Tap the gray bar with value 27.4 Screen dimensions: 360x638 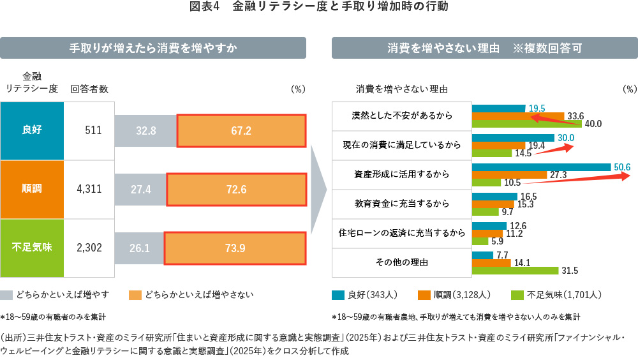point(140,190)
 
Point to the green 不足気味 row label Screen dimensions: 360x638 point(32,248)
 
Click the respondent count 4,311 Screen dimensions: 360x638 point(89,190)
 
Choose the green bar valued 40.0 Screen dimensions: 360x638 point(526,123)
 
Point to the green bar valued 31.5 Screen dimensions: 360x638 point(515,271)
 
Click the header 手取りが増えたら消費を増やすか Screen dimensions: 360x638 point(153,48)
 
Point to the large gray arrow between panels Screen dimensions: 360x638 point(318,190)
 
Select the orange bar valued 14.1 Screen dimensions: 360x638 point(491,262)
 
